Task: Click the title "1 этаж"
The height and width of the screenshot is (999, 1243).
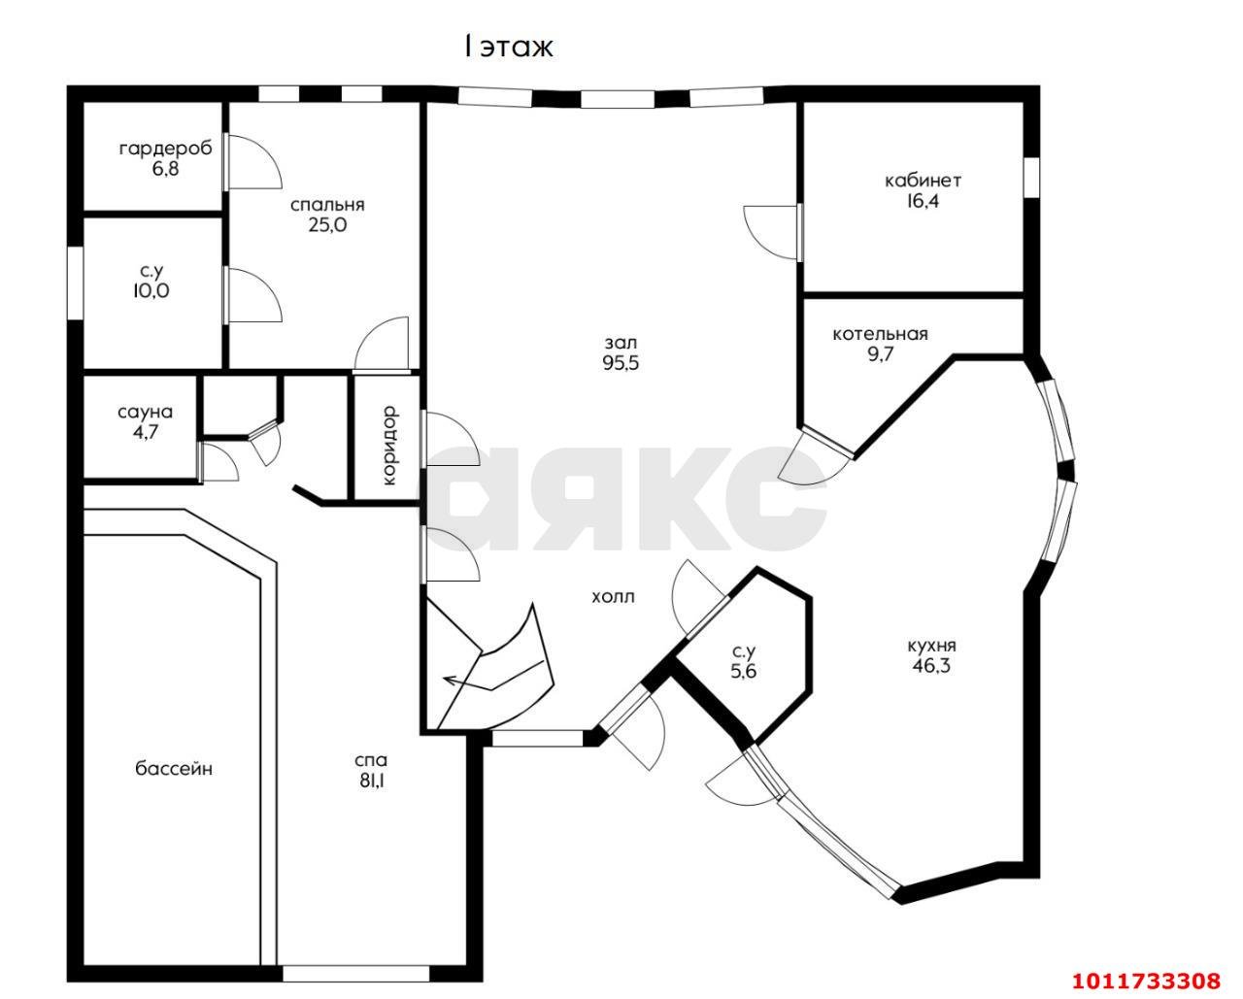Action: click(x=509, y=48)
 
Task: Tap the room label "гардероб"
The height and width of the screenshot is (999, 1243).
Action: click(x=166, y=149)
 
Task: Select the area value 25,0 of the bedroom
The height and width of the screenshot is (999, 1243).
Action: click(x=327, y=224)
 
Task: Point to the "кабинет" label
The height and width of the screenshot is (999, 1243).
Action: click(x=923, y=182)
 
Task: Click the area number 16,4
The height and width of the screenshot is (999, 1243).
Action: click(x=923, y=202)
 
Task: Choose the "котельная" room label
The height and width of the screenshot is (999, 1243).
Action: click(x=880, y=334)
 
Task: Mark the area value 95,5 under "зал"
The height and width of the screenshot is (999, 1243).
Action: click(x=621, y=363)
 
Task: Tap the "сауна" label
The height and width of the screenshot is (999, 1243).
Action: click(x=145, y=413)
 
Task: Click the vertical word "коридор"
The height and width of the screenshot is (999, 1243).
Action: click(x=389, y=445)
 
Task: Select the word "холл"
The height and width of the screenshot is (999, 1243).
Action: click(x=613, y=597)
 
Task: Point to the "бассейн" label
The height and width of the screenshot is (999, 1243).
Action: click(x=174, y=769)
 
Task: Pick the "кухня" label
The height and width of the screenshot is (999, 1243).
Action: click(x=931, y=646)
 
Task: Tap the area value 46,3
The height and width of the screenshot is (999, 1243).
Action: click(x=931, y=666)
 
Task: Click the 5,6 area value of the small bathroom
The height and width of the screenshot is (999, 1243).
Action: click(x=744, y=672)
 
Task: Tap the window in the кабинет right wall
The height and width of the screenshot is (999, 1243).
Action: click(x=1032, y=178)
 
